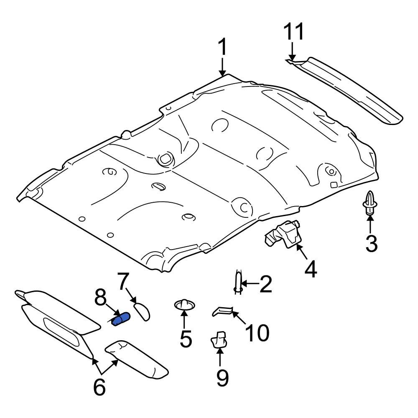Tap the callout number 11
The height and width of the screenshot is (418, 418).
pos(294,32)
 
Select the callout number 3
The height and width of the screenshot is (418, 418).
pos(371,244)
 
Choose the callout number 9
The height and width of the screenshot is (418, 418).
pos(222,378)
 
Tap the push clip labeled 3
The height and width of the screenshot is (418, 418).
pos(370,204)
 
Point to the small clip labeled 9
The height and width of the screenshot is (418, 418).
pos(219,339)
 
